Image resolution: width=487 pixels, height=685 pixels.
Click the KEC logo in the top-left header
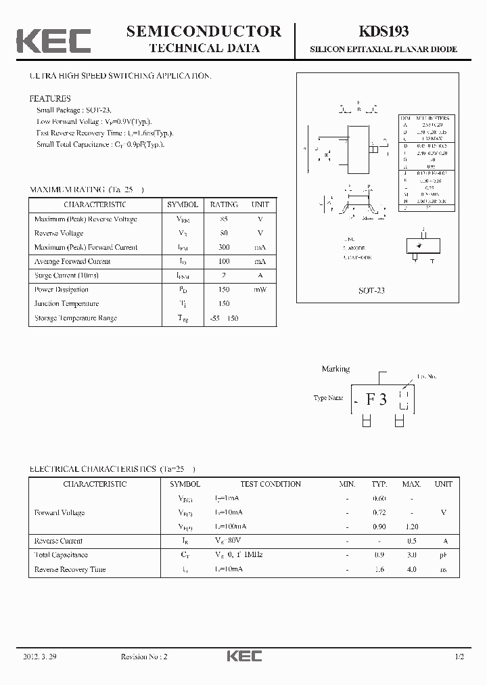[53, 41]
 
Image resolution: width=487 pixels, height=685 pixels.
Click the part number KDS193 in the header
[383, 31]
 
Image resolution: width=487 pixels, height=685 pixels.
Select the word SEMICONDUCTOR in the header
[204, 31]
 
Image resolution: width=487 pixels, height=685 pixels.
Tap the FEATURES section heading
[50, 99]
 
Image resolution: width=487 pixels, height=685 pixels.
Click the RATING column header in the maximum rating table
[223, 204]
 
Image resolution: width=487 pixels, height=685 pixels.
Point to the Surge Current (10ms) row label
[66, 275]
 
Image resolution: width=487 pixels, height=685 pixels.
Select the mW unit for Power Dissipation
[260, 290]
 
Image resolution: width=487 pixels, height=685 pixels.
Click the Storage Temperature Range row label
[76, 318]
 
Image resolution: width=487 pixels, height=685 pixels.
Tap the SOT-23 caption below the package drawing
[371, 290]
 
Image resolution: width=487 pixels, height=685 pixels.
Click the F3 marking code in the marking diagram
[376, 399]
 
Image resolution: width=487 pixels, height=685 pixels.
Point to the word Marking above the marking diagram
[335, 369]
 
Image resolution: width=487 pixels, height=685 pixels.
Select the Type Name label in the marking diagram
[328, 398]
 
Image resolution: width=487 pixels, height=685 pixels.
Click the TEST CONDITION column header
[271, 484]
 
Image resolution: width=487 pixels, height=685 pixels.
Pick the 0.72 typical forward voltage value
[379, 512]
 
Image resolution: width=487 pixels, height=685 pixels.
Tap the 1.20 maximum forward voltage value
[411, 527]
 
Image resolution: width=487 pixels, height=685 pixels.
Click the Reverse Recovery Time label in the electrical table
[70, 569]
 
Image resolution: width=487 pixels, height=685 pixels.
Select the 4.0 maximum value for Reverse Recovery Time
[411, 569]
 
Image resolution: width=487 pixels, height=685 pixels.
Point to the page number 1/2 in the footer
[459, 657]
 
